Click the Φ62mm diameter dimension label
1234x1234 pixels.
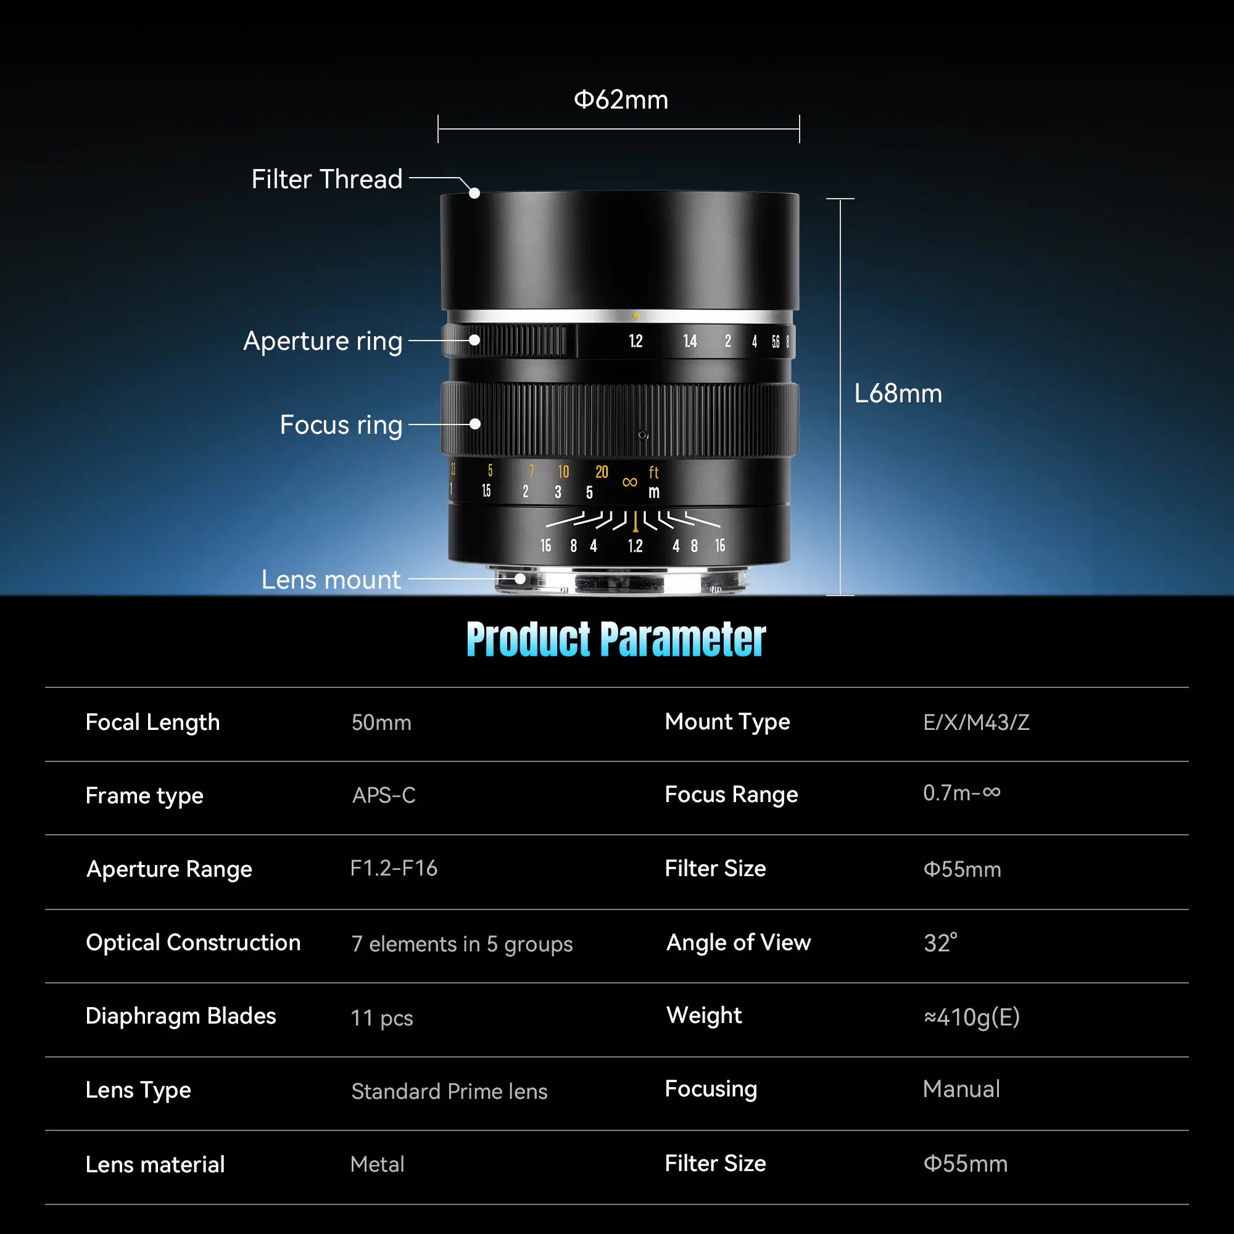pos(621,101)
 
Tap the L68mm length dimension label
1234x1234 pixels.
pos(897,394)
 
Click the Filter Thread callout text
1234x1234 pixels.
pos(327,180)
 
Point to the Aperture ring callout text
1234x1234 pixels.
pos(323,341)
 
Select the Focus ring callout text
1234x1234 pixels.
pos(341,424)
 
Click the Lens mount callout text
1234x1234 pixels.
pos(331,580)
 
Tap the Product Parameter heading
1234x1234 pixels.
pos(616,639)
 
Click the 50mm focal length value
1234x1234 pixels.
pos(381,723)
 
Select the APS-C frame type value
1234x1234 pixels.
pos(384,795)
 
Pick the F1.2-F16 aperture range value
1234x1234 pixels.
pos(394,868)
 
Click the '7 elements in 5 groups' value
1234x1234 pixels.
pos(462,943)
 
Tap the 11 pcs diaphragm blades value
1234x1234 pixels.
pos(382,1017)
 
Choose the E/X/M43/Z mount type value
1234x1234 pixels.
pos(976,723)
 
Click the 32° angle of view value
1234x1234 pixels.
pos(940,943)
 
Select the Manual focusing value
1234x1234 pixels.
pos(961,1089)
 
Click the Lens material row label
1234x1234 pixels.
pos(155,1164)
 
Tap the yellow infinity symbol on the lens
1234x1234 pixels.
pos(630,482)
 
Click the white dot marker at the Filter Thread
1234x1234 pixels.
pos(474,193)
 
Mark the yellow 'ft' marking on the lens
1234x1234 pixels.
pos(653,472)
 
